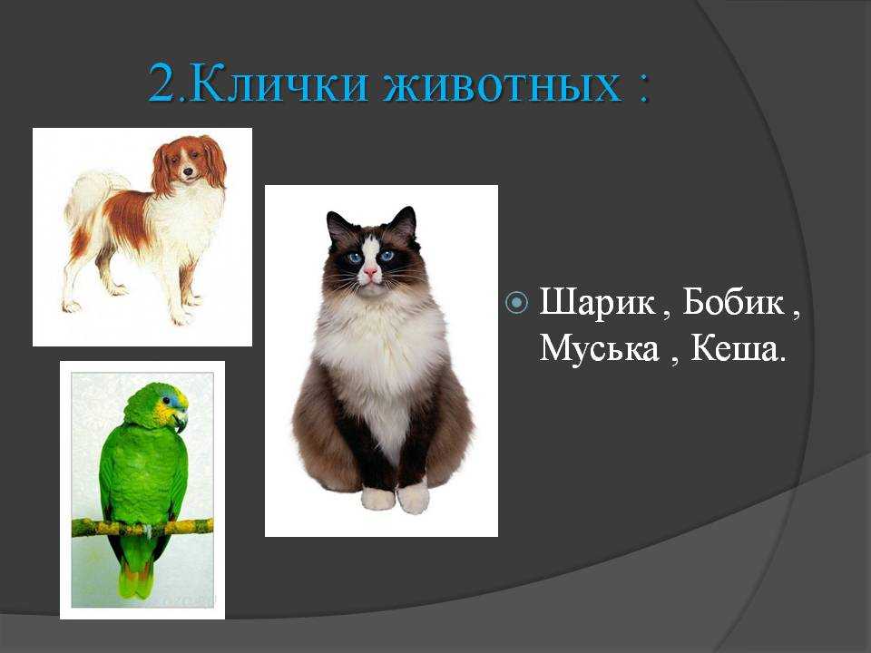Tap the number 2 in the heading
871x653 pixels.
point(162,83)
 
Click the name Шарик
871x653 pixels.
point(596,303)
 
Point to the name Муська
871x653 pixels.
point(598,348)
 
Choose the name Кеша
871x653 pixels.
point(734,348)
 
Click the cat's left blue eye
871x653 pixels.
point(353,257)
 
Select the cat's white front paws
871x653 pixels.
point(396,498)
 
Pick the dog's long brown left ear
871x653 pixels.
point(161,170)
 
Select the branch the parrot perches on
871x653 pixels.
point(142,527)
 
